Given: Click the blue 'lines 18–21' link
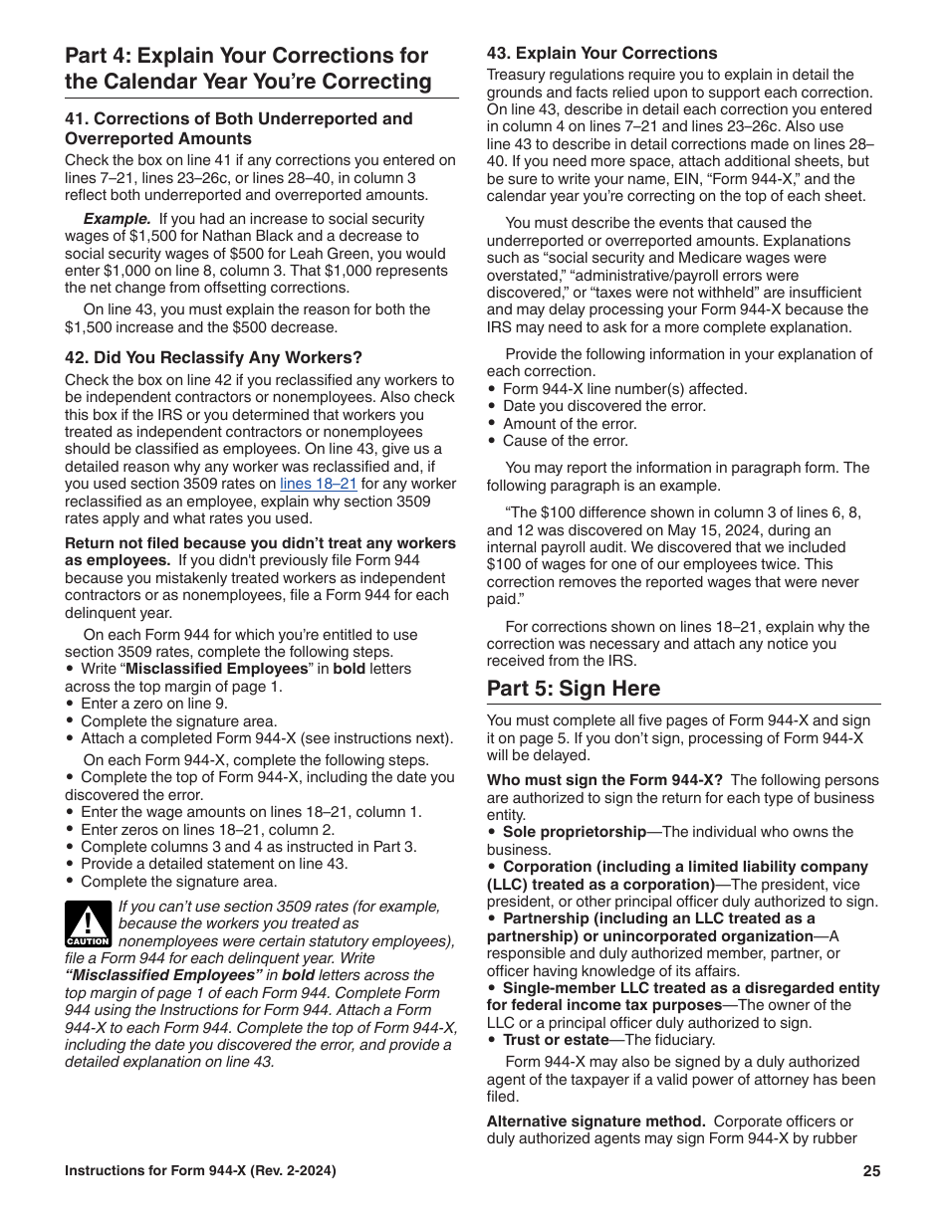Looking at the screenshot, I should click(318, 484).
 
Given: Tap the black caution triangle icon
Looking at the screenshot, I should click(87, 923).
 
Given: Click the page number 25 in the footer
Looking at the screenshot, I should click(871, 1171).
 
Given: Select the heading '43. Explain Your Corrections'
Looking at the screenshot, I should click(601, 53).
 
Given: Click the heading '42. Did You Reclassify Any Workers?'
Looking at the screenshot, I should click(213, 357).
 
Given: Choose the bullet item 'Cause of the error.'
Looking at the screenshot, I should click(565, 441).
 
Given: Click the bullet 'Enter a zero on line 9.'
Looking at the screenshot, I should click(153, 704).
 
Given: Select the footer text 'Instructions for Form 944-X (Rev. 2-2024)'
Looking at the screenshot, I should click(200, 1171).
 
